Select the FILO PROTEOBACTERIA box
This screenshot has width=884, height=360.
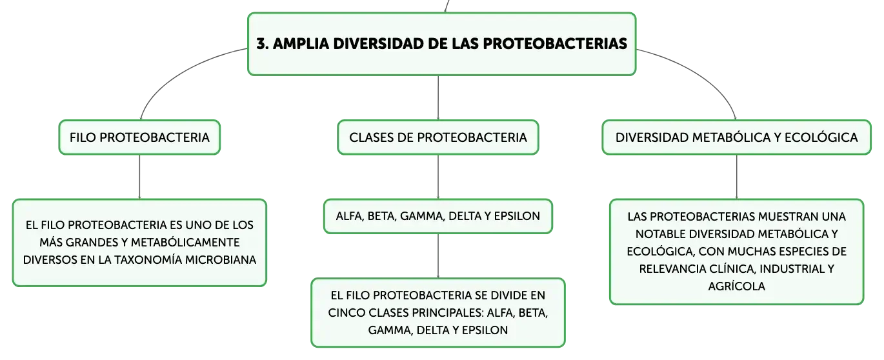140,137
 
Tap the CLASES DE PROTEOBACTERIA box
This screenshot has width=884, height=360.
438,137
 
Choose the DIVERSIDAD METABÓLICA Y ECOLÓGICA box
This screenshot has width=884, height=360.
736,137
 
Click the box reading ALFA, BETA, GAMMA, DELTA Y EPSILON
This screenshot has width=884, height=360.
438,216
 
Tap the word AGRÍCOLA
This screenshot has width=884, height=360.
736,286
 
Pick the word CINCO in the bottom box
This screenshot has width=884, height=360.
347,313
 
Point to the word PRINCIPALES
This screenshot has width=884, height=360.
448,313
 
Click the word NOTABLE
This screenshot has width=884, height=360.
661,234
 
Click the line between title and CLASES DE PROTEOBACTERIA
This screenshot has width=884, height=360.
438,97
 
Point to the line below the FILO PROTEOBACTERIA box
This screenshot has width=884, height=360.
140,177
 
